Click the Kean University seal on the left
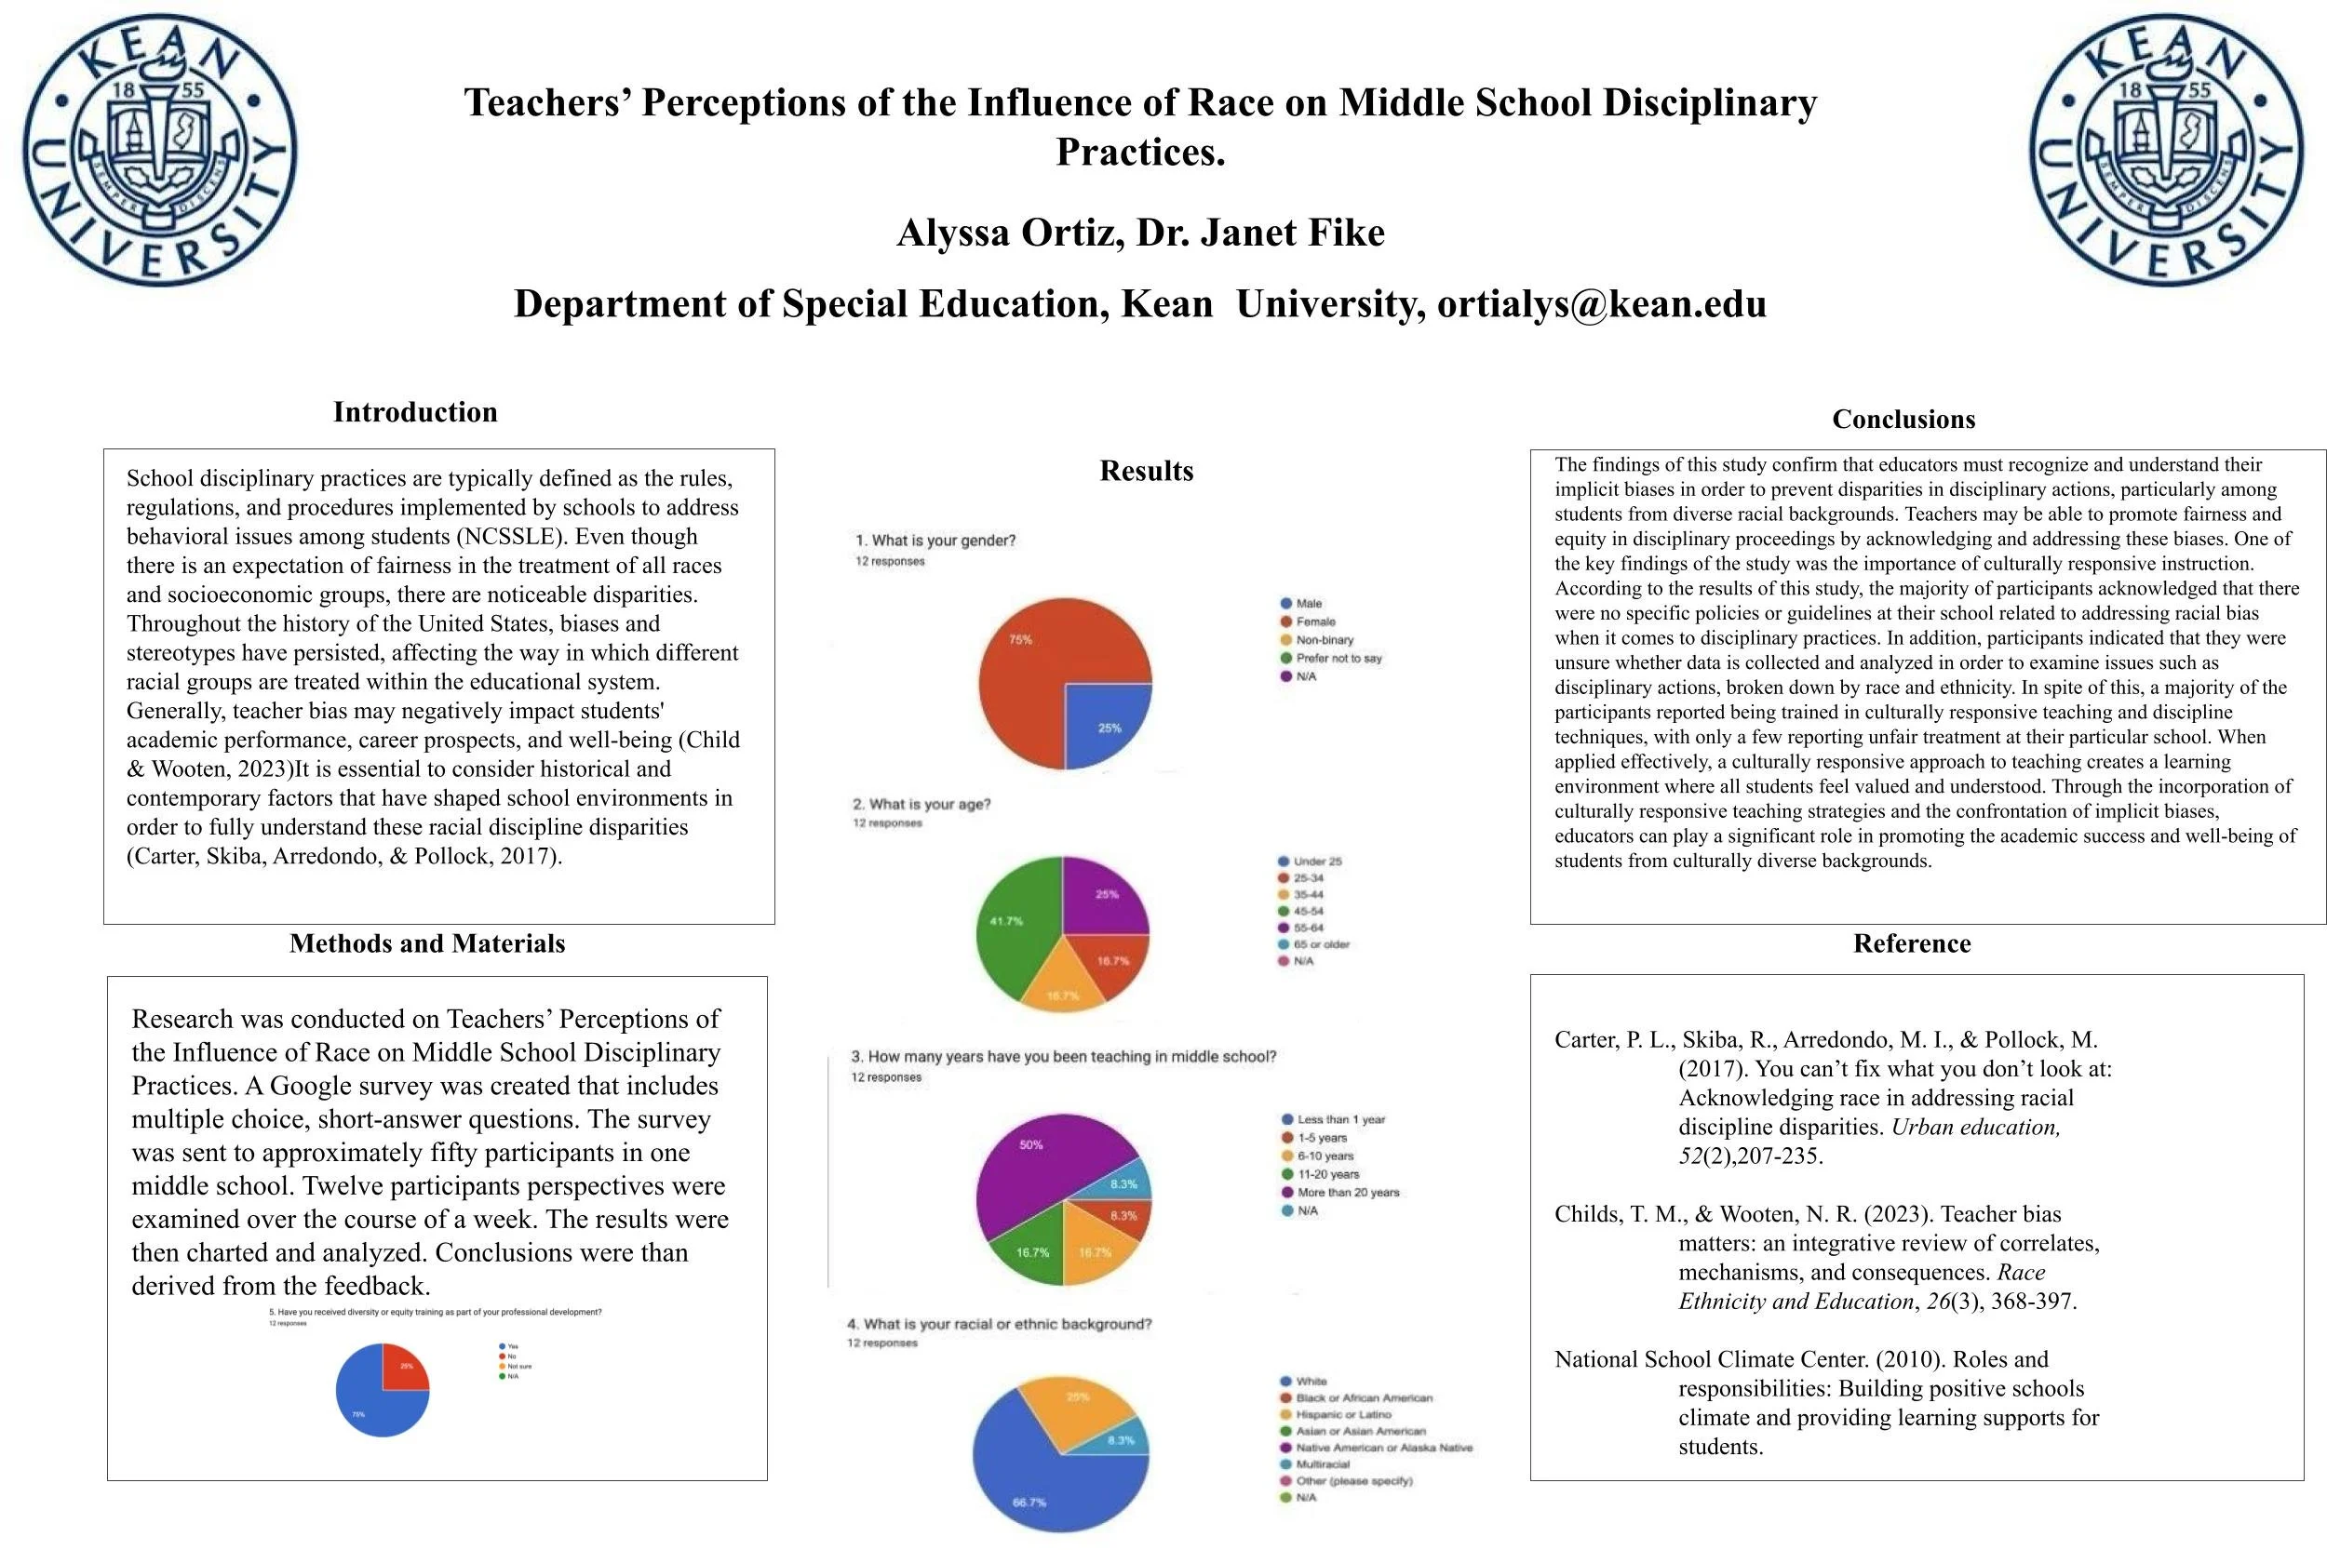(159, 151)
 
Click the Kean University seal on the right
(2165, 151)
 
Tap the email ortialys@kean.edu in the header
(1601, 303)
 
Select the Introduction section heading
(414, 412)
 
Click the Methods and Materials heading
(426, 943)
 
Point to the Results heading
(1146, 471)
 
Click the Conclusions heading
(1903, 419)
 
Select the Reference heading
(1911, 943)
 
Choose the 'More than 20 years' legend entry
(1347, 1192)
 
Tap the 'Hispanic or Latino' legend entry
(1342, 1414)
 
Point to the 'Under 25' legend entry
(1316, 861)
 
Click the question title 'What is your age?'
(921, 804)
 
